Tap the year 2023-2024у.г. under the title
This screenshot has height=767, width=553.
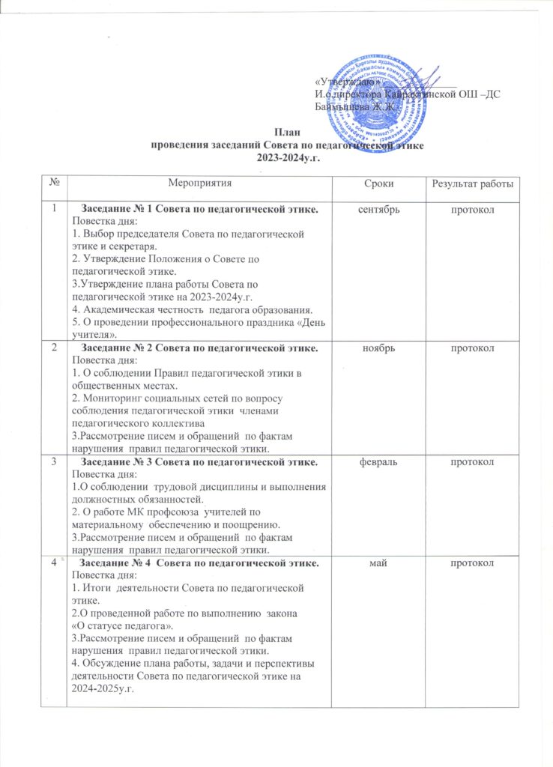(288, 157)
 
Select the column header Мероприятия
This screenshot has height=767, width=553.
(199, 184)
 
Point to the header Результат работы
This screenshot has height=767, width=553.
(475, 184)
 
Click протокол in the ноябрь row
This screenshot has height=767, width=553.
(475, 349)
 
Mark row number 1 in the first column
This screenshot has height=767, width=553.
(54, 208)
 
